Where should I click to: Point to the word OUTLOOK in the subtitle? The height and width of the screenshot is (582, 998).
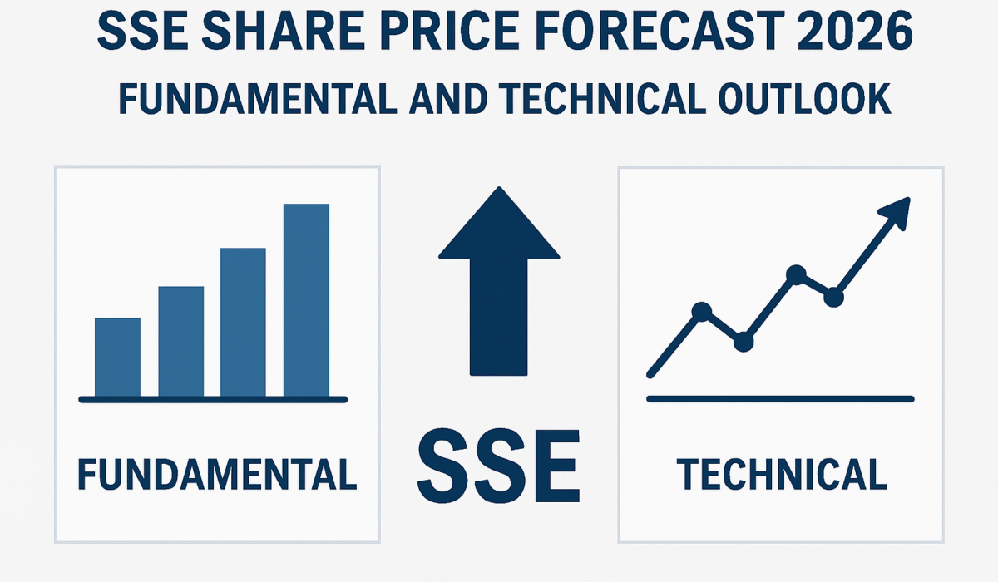click(805, 99)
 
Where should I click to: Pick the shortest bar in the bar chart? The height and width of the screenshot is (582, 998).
click(117, 358)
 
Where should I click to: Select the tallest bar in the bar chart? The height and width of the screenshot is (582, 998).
click(307, 300)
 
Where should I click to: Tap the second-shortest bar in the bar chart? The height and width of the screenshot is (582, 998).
click(181, 341)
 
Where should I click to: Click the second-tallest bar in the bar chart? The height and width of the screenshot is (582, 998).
click(243, 322)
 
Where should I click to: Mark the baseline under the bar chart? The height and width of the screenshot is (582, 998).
click(213, 399)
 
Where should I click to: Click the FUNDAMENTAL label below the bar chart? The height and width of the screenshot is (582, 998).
click(217, 474)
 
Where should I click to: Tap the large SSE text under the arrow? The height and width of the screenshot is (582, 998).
click(499, 466)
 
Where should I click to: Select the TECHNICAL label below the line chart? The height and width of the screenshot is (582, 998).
click(782, 474)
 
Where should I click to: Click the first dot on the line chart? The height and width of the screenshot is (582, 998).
click(702, 311)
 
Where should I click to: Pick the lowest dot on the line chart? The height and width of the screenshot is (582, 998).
click(744, 342)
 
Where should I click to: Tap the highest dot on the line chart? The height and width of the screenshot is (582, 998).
click(796, 274)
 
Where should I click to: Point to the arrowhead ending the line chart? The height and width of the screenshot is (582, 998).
click(897, 213)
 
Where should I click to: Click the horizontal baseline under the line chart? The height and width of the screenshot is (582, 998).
click(781, 399)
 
